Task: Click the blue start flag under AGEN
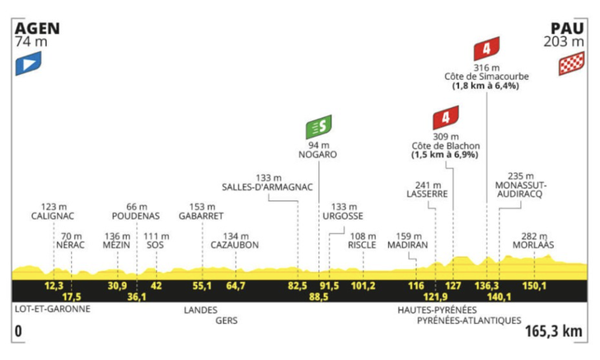pyautogui.click(x=30, y=62)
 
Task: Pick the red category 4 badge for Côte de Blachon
pyautogui.click(x=444, y=117)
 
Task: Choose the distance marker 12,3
pyautogui.click(x=54, y=285)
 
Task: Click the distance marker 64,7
pyautogui.click(x=236, y=285)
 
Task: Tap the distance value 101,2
pyautogui.click(x=363, y=285)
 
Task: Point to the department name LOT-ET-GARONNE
pyautogui.click(x=52, y=310)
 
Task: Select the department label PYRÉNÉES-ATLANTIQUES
pyautogui.click(x=469, y=320)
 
